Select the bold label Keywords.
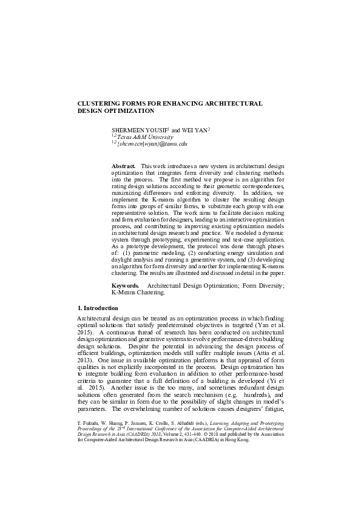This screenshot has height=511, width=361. pos(126,285)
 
